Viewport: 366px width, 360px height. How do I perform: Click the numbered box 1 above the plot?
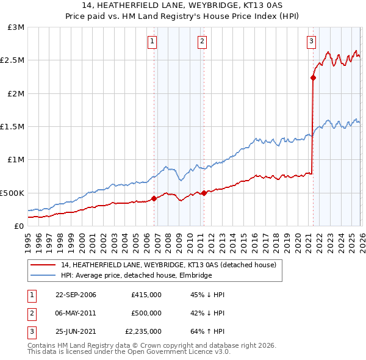coord(152,41)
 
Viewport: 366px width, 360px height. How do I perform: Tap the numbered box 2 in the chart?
coord(202,41)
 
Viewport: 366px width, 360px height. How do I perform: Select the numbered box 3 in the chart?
coord(311,41)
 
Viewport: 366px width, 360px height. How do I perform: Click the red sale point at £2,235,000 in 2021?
coord(313,77)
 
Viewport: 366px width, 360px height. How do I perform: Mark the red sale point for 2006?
coord(154,198)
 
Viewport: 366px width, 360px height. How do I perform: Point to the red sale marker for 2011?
coord(204,193)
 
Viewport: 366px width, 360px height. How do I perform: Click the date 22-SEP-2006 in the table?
coord(76,295)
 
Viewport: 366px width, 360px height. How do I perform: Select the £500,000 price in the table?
coord(146,313)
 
